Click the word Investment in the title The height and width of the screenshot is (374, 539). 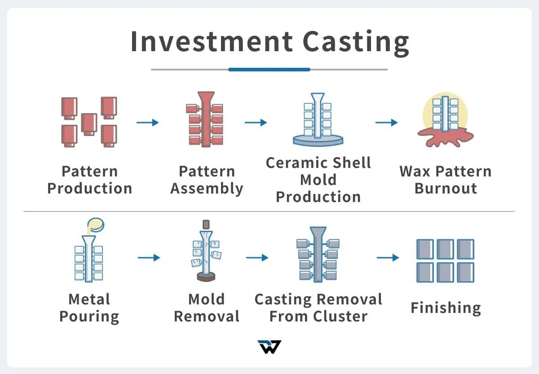tap(212, 41)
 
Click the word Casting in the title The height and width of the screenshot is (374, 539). tap(356, 41)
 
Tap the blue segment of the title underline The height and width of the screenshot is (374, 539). tap(269, 70)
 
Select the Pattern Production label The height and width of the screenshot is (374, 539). tap(89, 180)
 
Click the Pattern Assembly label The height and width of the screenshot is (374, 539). tap(207, 180)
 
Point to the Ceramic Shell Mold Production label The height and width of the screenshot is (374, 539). tap(318, 180)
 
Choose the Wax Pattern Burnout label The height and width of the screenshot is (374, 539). tap(445, 180)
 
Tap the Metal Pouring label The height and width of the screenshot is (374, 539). tap(89, 308)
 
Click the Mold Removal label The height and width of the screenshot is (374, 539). tap(207, 308)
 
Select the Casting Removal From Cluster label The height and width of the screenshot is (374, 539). tap(318, 308)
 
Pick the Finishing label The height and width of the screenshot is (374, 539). tap(445, 308)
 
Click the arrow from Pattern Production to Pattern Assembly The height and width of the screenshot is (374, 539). tap(147, 123)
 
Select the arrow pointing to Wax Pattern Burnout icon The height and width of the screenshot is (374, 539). tap(386, 123)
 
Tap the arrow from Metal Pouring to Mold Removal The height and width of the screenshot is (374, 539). tap(149, 257)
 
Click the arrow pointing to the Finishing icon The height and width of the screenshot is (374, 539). tap(388, 257)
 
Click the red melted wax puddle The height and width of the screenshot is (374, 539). tap(444, 136)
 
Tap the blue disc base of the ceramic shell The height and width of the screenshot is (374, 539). tap(318, 141)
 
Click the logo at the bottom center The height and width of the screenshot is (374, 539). tap(269, 347)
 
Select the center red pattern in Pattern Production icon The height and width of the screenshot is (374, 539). tap(89, 122)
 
